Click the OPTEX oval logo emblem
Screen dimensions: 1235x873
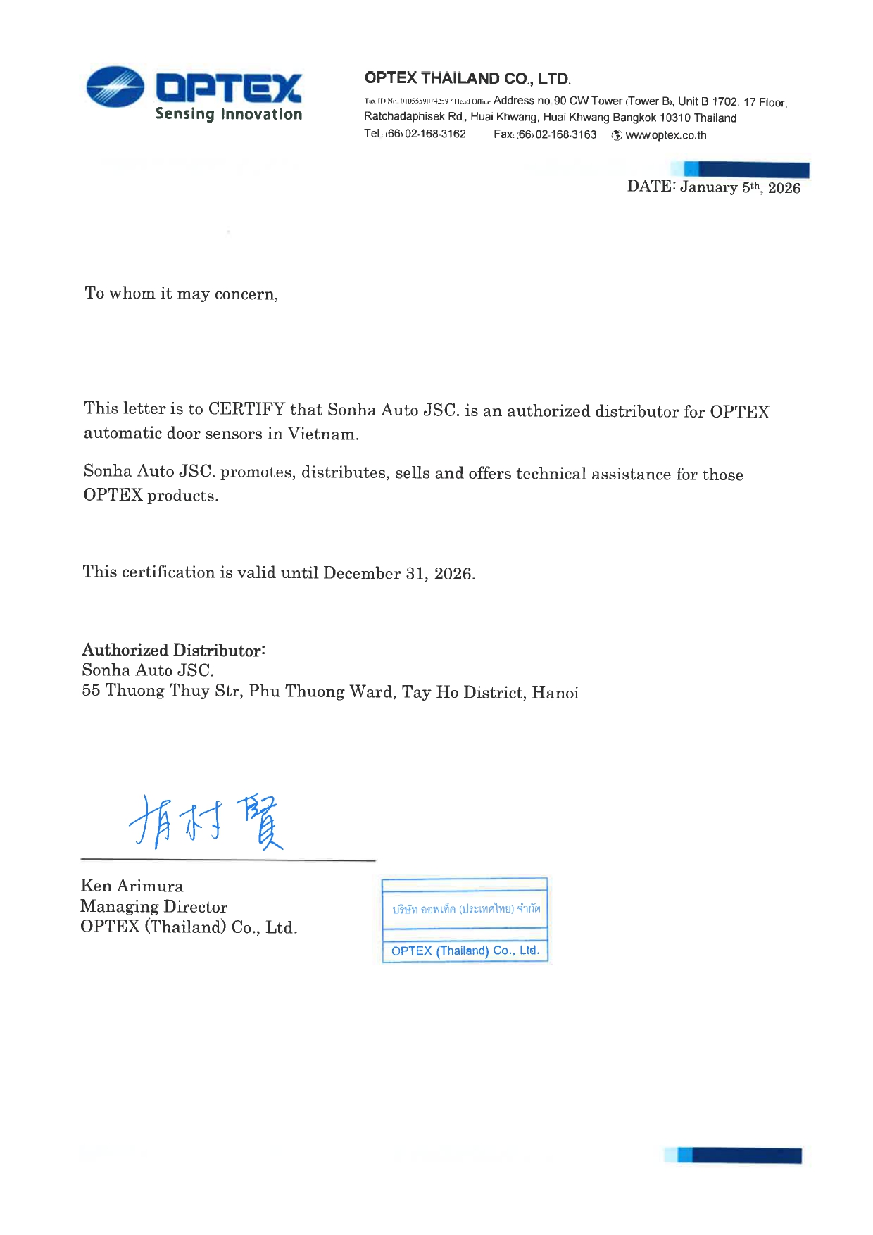[x=115, y=87]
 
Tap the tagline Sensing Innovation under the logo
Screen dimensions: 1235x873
[x=228, y=114]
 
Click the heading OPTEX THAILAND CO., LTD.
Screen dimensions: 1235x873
[x=467, y=78]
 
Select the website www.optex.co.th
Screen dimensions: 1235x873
[x=665, y=135]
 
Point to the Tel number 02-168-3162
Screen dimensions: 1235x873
[x=434, y=134]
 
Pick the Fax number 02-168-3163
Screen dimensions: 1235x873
[x=565, y=134]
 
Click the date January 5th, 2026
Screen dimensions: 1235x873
[x=740, y=187]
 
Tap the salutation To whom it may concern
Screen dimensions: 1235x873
[x=181, y=294]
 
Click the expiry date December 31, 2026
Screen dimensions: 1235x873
[x=398, y=573]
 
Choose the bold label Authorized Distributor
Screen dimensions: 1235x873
[x=172, y=650]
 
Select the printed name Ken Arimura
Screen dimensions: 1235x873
[x=132, y=886]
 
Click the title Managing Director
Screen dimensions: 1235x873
[x=153, y=907]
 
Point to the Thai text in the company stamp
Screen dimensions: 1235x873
[x=466, y=909]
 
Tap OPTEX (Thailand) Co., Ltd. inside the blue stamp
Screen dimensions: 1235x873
[x=465, y=951]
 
